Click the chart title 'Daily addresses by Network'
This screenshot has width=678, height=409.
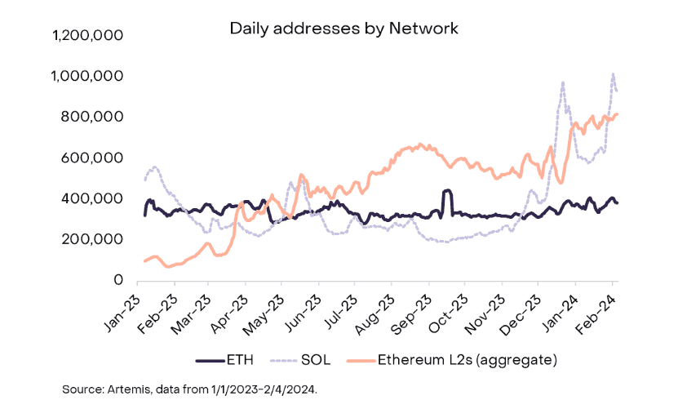(343, 29)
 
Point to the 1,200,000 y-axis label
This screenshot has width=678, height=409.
(87, 34)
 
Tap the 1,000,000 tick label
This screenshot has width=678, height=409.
(87, 76)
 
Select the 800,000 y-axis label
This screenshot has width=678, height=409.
(91, 117)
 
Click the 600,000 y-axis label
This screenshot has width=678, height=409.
(91, 158)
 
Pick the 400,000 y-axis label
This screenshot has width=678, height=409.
(91, 198)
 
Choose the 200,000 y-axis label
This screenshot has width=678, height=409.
(91, 239)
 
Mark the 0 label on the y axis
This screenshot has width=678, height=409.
(118, 280)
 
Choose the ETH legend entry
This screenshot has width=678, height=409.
(224, 360)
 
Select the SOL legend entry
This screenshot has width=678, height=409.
(300, 360)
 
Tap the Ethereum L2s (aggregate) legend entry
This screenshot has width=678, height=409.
(452, 360)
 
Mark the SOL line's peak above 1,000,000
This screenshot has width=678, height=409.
(614, 74)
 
